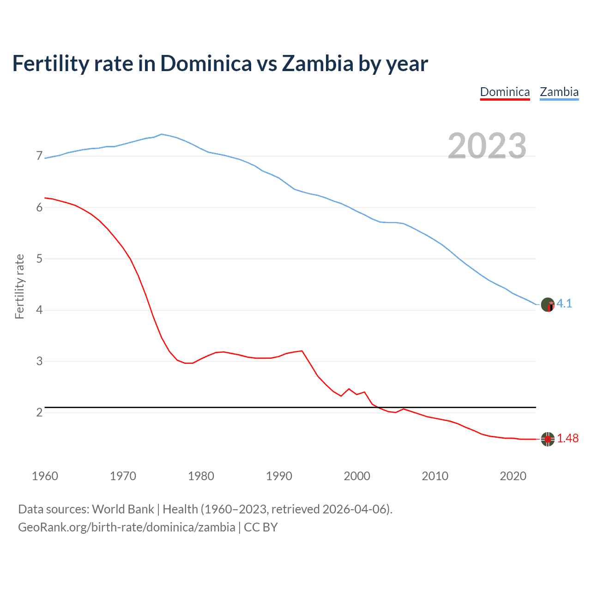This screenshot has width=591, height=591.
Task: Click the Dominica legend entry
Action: (505, 92)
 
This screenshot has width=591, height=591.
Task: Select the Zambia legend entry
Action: (559, 92)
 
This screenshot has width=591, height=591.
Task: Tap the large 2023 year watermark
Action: (487, 146)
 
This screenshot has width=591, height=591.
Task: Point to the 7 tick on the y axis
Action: (39, 156)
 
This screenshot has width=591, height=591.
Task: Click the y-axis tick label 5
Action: (39, 259)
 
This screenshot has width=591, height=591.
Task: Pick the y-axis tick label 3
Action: (39, 361)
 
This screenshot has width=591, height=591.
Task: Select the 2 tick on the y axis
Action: (39, 412)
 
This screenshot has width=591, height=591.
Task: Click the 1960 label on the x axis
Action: (45, 476)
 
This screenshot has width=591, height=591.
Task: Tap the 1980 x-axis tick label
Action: (201, 476)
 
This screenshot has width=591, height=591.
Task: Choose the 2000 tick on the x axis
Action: (357, 476)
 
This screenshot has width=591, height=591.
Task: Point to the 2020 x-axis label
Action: (513, 476)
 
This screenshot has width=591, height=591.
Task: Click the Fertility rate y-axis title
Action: (19, 286)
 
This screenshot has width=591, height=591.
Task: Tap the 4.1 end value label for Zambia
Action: (564, 303)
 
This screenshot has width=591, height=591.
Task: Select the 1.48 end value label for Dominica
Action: (567, 438)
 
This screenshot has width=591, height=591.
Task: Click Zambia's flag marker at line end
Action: (548, 305)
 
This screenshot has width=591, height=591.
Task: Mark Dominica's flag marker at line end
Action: (548, 439)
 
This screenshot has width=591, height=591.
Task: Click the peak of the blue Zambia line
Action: (161, 134)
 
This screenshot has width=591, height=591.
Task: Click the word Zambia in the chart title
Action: (317, 63)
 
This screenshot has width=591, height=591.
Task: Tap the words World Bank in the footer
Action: (123, 509)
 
